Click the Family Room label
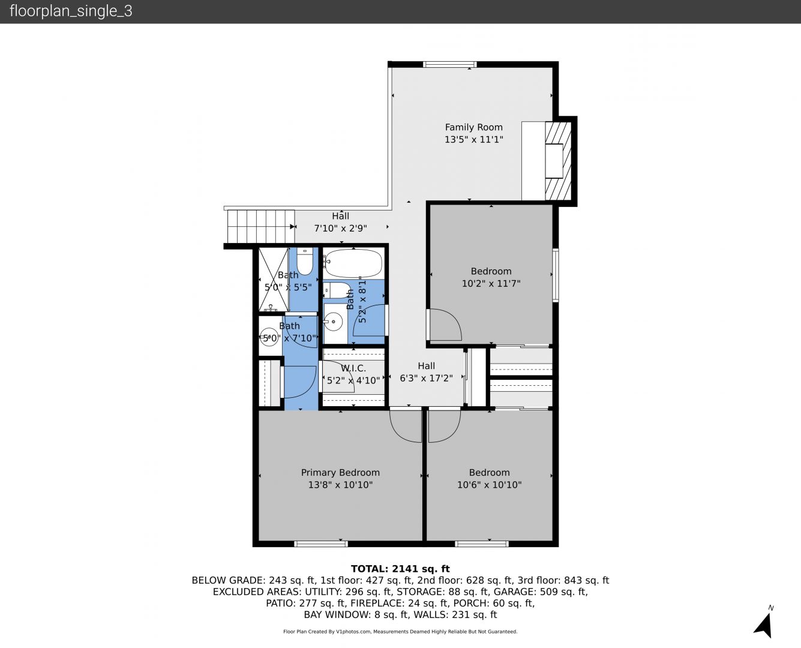click(x=473, y=127)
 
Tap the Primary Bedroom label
click(x=340, y=473)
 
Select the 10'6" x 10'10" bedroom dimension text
click(x=489, y=485)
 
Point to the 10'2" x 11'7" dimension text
click(x=491, y=284)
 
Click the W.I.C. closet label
click(x=353, y=368)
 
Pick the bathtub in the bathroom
click(x=353, y=263)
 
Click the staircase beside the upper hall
click(x=261, y=227)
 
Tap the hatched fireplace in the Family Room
click(x=558, y=161)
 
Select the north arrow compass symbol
click(x=764, y=625)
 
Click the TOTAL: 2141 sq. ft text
click(x=400, y=569)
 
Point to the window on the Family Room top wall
click(x=450, y=65)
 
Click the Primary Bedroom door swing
click(x=406, y=426)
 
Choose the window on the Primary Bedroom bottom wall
click(x=321, y=544)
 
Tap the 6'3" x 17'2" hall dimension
click(x=426, y=379)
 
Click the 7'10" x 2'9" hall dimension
click(x=340, y=228)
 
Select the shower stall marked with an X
click(x=274, y=280)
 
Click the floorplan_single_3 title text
click(x=71, y=11)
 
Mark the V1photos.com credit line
click(x=400, y=631)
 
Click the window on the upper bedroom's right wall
click(x=556, y=275)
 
